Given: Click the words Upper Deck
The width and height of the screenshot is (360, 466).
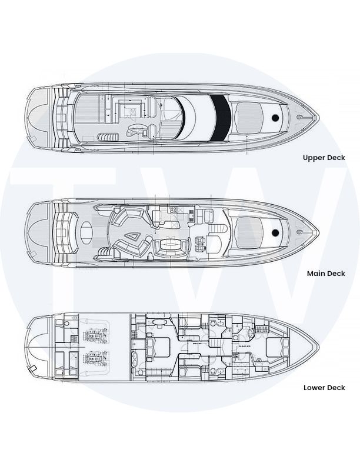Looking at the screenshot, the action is [x=324, y=158].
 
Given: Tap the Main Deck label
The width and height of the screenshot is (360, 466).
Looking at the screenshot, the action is [x=326, y=274].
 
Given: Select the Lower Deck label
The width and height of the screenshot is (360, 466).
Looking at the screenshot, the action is [x=324, y=388].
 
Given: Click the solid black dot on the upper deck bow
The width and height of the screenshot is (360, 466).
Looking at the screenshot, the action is [x=275, y=118].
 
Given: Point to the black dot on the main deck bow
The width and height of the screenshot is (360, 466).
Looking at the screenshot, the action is [x=275, y=232].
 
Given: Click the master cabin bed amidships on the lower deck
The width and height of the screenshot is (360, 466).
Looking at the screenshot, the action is [x=158, y=347].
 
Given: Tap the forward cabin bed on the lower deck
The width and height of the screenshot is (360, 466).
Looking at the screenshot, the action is [x=277, y=347].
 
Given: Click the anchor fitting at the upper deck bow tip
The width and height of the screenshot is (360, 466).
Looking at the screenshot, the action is [x=301, y=118].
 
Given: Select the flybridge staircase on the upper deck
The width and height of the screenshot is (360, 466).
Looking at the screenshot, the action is [x=108, y=137].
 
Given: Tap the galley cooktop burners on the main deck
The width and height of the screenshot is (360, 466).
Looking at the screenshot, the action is [x=173, y=210].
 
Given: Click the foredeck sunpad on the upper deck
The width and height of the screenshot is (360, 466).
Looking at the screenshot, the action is [x=249, y=118].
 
